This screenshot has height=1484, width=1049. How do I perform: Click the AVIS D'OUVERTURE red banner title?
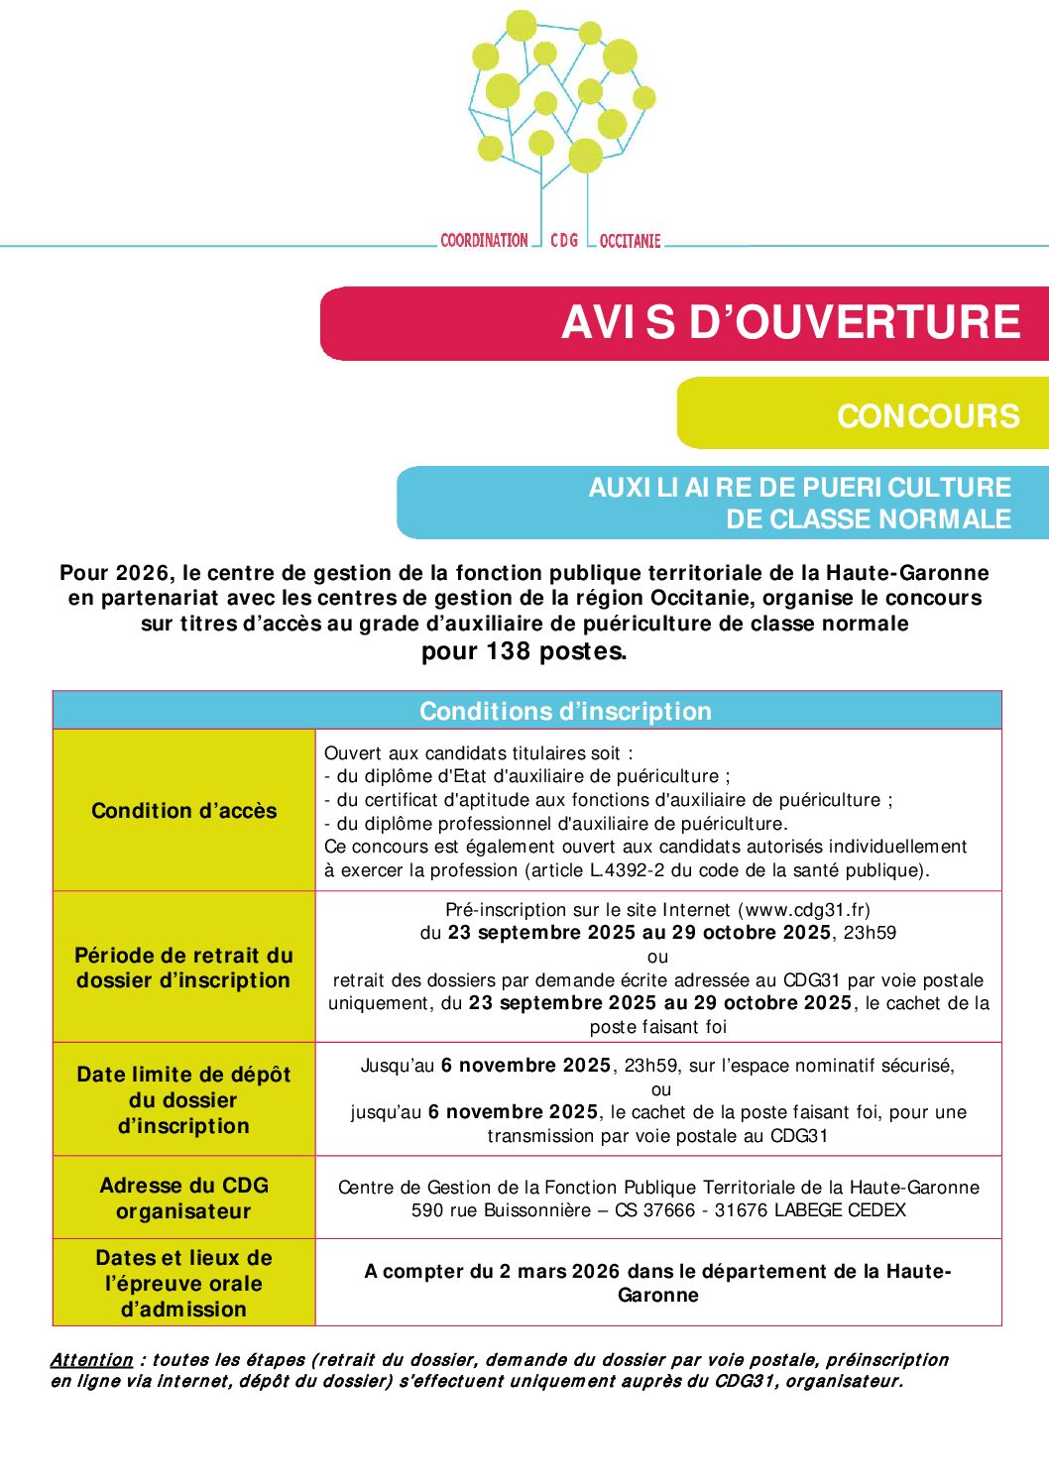790,323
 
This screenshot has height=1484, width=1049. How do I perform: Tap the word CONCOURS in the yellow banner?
928,416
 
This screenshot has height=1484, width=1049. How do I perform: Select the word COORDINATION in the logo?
484,241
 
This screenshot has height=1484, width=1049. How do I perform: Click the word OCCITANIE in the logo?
630,241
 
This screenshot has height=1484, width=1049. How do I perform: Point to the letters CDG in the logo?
564,241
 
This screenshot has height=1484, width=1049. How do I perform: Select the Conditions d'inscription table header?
565,712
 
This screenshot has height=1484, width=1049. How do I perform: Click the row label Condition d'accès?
184,811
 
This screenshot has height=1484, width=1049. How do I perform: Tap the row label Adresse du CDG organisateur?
184,1199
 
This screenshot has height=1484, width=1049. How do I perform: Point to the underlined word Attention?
91,1360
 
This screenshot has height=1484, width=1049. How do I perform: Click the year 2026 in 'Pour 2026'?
143,573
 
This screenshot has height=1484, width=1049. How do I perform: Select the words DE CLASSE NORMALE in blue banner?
869,519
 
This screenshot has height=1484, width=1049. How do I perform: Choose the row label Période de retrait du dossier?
184,968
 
